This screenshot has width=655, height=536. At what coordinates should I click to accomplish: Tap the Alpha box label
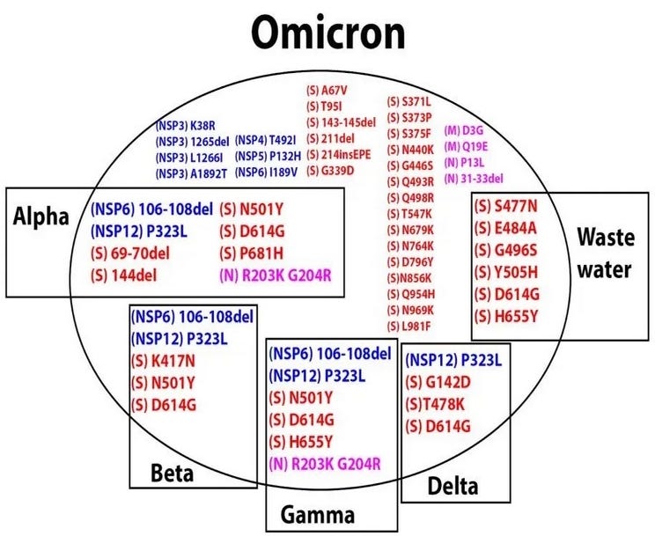(41, 217)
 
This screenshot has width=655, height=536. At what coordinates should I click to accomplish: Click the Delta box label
(453, 485)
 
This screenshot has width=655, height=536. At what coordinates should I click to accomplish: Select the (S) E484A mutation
(514, 228)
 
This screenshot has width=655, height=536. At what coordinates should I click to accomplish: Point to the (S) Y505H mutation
(514, 271)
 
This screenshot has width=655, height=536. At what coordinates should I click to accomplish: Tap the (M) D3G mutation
(465, 130)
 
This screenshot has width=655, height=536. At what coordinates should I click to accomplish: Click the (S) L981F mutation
(409, 326)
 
